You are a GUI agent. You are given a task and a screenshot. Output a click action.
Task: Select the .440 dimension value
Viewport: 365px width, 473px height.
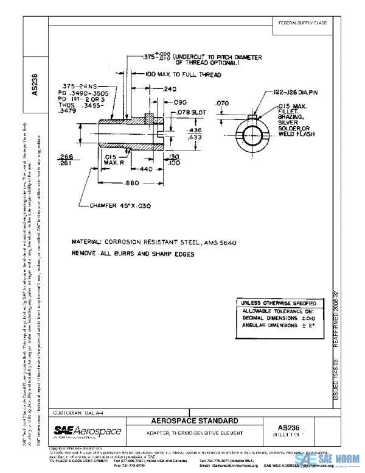tap(144, 168)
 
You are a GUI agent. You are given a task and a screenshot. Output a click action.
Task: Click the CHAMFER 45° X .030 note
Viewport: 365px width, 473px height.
tap(120, 206)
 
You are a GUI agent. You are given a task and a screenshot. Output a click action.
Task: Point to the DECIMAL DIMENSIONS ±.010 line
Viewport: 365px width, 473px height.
tap(277, 318)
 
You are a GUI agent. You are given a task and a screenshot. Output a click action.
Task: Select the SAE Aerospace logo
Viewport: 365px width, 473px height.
tap(88, 432)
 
